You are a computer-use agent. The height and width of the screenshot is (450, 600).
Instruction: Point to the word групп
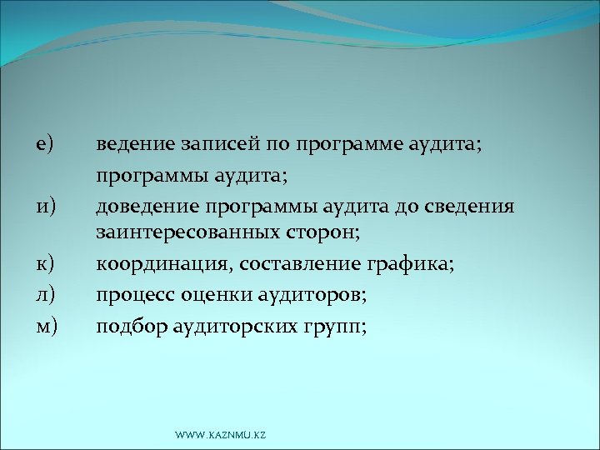click(336, 326)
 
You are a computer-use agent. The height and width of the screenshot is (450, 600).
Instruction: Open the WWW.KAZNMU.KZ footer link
click(221, 434)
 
